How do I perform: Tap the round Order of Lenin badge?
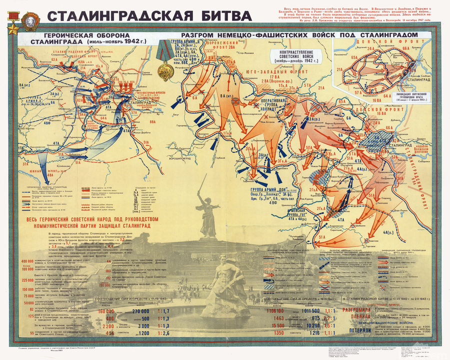pos(13,12)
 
